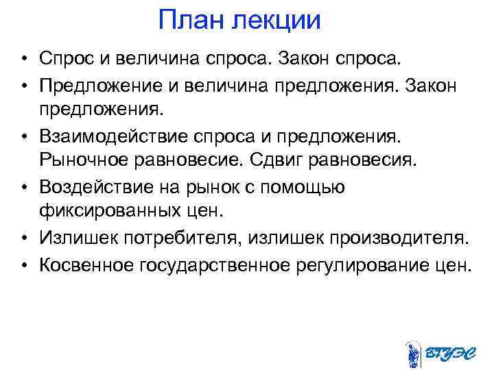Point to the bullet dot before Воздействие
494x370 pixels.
click(x=23, y=187)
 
